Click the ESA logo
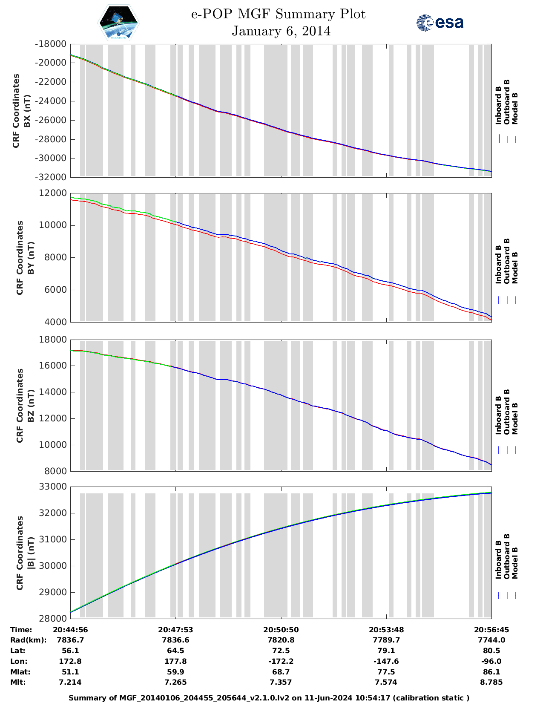[440, 23]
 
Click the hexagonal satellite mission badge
[118, 23]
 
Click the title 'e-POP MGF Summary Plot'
[278, 14]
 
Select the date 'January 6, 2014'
[281, 31]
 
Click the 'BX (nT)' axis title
[27, 111]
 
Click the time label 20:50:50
[281, 630]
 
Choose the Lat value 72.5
[281, 651]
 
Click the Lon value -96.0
[491, 661]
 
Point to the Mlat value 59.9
[175, 672]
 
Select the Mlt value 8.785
[491, 682]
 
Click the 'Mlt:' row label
[19, 682]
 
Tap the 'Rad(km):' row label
[28, 640]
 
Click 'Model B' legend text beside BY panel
[514, 268]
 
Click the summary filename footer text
[269, 698]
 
